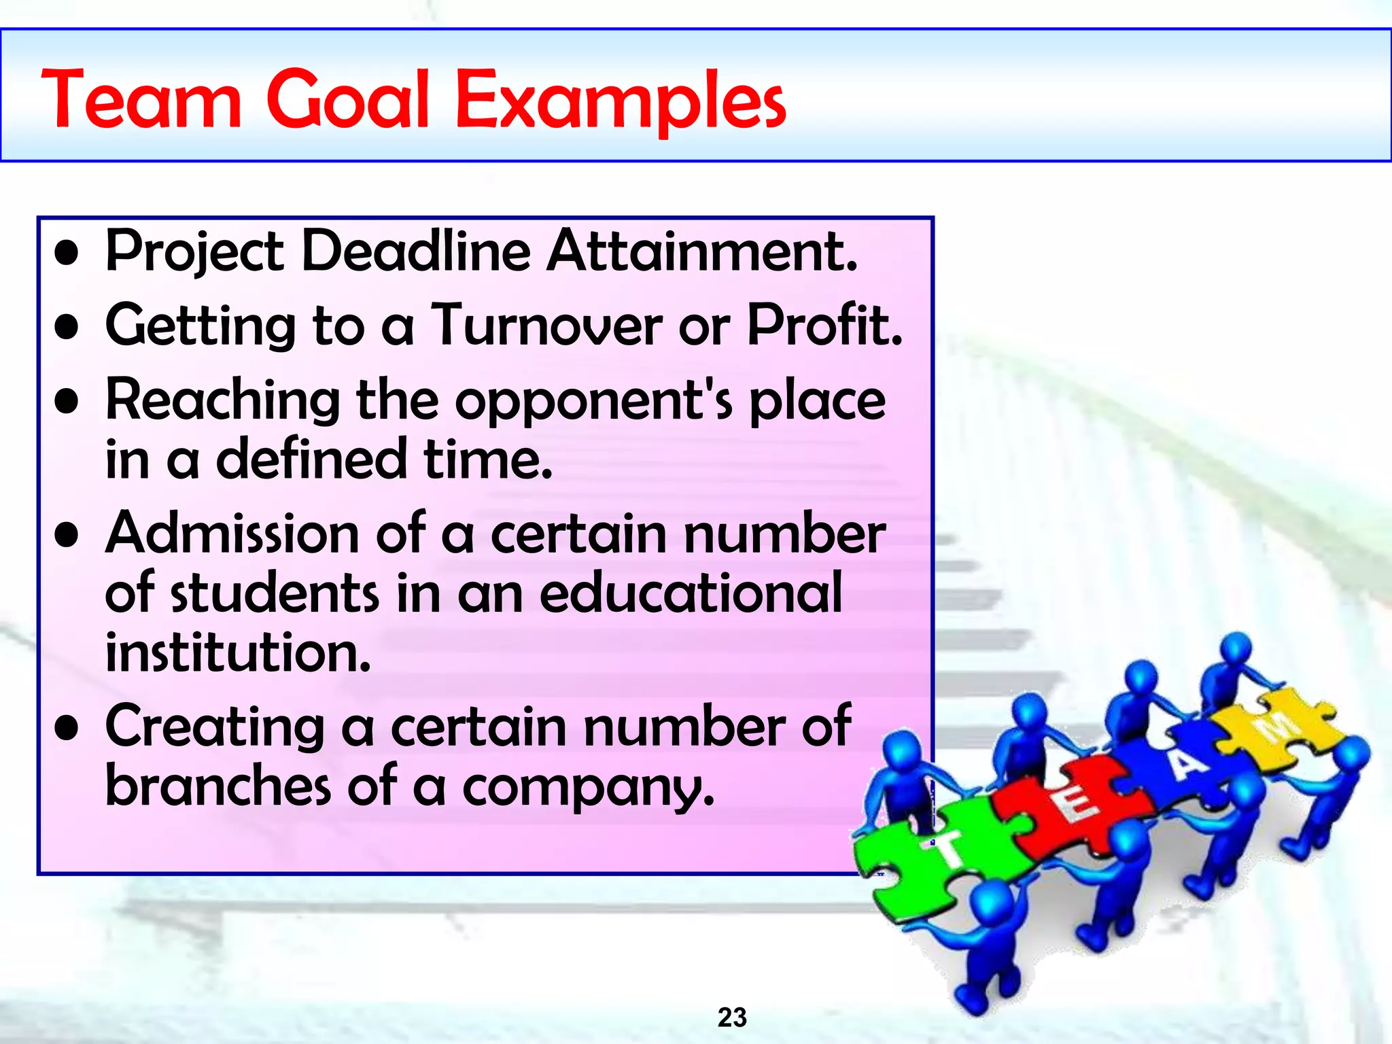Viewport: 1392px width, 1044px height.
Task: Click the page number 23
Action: pyautogui.click(x=732, y=1017)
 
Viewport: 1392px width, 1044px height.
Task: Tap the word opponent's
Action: pyautogui.click(x=594, y=401)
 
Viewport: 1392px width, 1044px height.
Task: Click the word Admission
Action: pyautogui.click(x=232, y=534)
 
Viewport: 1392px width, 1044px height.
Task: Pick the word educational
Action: pyautogui.click(x=691, y=593)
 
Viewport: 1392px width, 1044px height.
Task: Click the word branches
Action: pyautogui.click(x=218, y=786)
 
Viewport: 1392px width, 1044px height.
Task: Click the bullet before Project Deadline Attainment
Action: pyautogui.click(x=67, y=254)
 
